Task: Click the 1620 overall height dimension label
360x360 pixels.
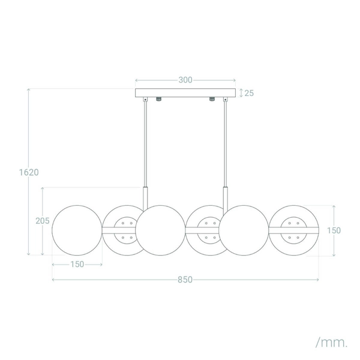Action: click(x=29, y=172)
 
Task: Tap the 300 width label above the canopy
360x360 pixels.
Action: click(x=185, y=80)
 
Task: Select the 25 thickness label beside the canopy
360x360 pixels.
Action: click(x=249, y=93)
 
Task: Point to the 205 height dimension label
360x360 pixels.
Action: click(x=43, y=221)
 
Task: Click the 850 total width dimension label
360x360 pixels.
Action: click(x=185, y=280)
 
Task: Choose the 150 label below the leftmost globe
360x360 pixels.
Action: click(x=77, y=264)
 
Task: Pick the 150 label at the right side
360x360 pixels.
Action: click(x=334, y=230)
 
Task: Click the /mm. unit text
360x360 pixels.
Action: click(x=331, y=343)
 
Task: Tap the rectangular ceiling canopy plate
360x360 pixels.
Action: click(x=185, y=93)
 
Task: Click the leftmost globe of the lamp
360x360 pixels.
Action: click(x=77, y=230)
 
